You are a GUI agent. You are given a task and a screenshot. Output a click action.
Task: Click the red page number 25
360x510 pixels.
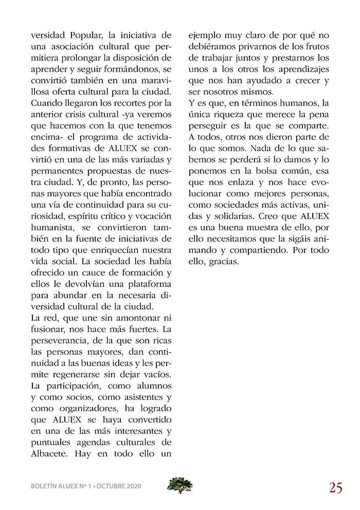click(336, 487)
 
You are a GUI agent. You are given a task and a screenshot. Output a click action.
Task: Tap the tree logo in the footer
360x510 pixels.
click(180, 485)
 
